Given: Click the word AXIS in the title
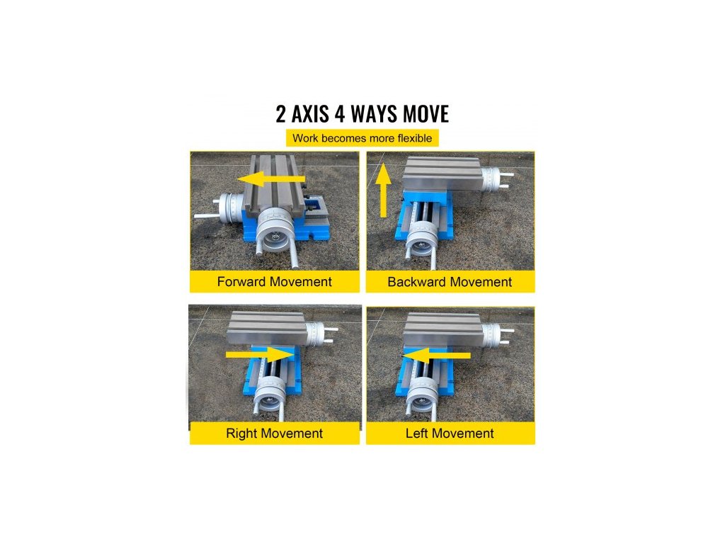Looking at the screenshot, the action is pyautogui.click(x=310, y=114).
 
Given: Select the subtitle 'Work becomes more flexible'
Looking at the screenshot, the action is pyautogui.click(x=362, y=138).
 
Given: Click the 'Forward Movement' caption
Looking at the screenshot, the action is pyautogui.click(x=275, y=282).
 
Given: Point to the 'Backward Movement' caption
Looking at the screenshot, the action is pyautogui.click(x=450, y=282).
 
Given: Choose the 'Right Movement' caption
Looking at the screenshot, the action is pyautogui.click(x=274, y=433).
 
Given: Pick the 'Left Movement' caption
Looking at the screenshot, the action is pyautogui.click(x=450, y=433).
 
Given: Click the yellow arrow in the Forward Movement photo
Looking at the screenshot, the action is pyautogui.click(x=270, y=179).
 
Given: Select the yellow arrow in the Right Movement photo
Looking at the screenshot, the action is pyautogui.click(x=261, y=356).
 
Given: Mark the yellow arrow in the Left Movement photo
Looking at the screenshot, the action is pyautogui.click(x=437, y=356).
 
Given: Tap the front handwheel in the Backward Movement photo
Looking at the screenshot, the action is pyautogui.click(x=421, y=239).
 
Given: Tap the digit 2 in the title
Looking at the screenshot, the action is pyautogui.click(x=280, y=114).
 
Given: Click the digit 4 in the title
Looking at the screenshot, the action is pyautogui.click(x=340, y=114).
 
